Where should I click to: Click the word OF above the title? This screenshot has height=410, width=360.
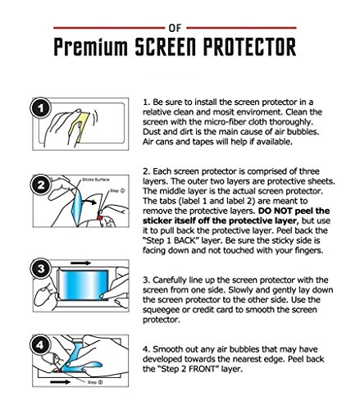click(175, 28)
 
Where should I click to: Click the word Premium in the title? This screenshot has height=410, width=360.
click(90, 47)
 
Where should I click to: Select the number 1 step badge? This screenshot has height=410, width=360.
click(41, 108)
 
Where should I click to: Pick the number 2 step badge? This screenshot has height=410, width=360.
click(41, 185)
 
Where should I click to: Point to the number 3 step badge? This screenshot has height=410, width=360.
click(41, 268)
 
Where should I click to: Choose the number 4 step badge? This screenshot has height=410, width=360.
click(41, 344)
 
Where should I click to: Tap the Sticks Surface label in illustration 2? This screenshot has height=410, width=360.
click(96, 180)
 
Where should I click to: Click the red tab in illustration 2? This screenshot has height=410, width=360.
click(100, 217)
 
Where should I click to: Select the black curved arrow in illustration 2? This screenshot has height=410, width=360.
click(89, 202)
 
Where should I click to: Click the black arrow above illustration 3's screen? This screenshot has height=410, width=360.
click(80, 263)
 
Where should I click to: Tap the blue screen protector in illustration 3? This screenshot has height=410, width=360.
click(84, 285)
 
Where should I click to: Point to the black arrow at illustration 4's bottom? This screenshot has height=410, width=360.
click(61, 382)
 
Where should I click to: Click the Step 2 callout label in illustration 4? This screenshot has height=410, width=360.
click(95, 382)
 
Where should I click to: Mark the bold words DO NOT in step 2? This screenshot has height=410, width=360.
click(276, 211)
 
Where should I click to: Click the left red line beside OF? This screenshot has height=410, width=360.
click(109, 28)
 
